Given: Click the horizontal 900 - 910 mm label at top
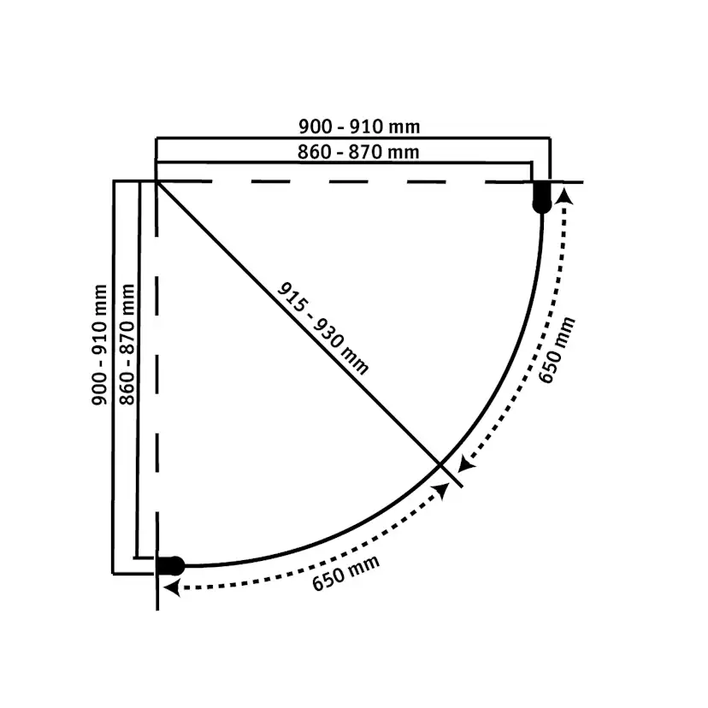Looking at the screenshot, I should click(359, 127).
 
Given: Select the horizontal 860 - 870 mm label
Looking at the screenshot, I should click(359, 152).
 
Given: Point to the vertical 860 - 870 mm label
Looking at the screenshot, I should click(128, 344).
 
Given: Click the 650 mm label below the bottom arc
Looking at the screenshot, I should click(345, 573).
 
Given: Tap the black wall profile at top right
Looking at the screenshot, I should click(542, 197).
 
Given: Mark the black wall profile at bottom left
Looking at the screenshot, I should click(170, 565).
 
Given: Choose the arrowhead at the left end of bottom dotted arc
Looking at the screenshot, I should click(170, 587).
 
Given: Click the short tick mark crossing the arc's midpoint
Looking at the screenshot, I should click(451, 474).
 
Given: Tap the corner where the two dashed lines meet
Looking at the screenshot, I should click(156, 181).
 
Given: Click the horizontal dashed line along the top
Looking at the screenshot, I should click(342, 181).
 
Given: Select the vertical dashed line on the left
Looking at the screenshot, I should click(156, 359).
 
